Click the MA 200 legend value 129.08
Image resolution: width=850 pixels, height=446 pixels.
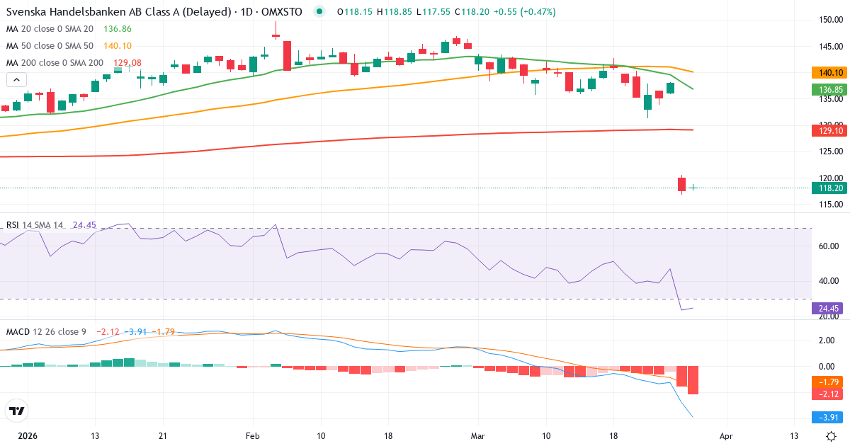coord(127,63)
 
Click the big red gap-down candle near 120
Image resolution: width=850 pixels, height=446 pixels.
coord(681,184)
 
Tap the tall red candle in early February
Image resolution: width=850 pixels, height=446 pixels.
coord(287,55)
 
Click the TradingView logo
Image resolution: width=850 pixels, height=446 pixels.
coord(16,411)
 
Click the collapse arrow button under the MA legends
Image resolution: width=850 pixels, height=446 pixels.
coord(16,79)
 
